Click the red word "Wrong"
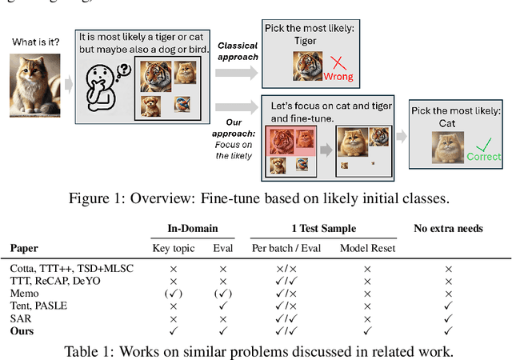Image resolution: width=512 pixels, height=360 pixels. (338, 78)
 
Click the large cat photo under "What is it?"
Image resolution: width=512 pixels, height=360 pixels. (32, 82)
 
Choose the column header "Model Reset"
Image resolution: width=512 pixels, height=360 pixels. (366, 248)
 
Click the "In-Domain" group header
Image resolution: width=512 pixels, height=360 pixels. (194, 228)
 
